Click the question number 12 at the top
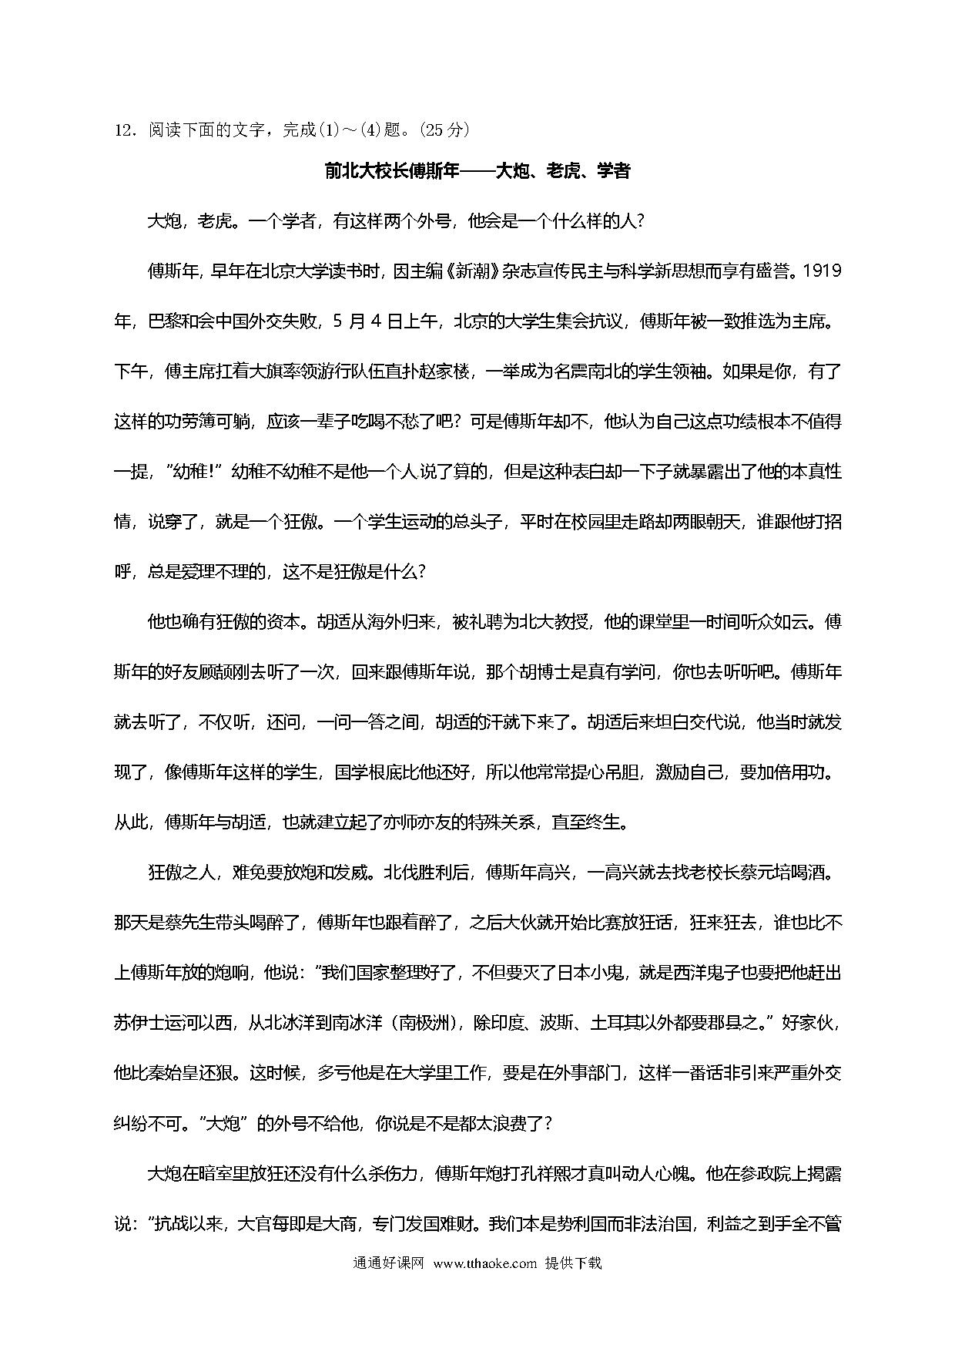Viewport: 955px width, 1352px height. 124,130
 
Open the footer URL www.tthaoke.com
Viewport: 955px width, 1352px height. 484,1263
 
